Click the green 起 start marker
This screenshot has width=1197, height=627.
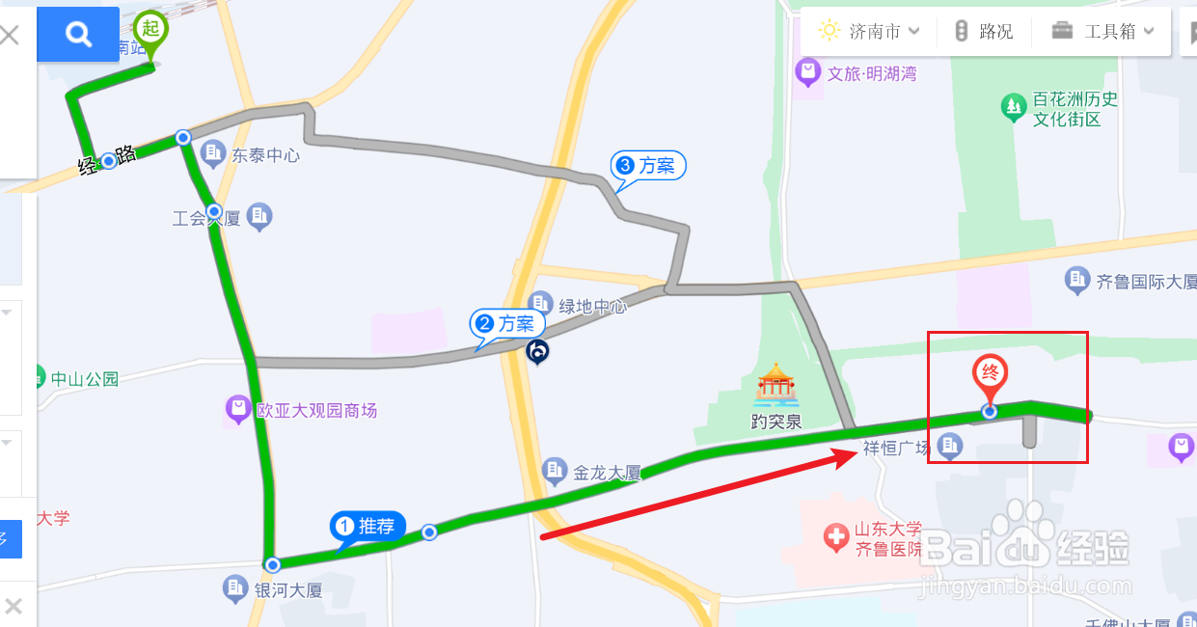click(x=150, y=29)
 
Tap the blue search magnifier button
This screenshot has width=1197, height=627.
click(x=78, y=35)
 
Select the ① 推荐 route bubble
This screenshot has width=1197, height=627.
click(x=367, y=527)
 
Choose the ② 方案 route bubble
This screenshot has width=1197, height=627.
click(x=505, y=324)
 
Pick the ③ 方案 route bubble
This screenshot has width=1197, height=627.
click(x=648, y=166)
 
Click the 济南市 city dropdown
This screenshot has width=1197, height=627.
click(x=868, y=31)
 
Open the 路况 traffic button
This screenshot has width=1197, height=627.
click(x=984, y=31)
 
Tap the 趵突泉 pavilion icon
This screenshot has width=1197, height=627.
click(x=776, y=386)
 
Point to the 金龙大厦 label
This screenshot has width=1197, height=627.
click(x=607, y=473)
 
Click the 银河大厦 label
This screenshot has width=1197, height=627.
click(x=287, y=589)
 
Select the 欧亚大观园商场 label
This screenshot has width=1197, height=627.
click(x=316, y=411)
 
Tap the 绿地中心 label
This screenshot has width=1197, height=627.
click(x=592, y=307)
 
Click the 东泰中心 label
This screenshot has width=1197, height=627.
click(x=265, y=154)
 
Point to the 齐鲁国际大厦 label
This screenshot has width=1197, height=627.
click(x=1146, y=282)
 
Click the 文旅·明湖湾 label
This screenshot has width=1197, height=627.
click(x=871, y=73)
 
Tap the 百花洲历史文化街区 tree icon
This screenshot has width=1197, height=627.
click(x=1013, y=107)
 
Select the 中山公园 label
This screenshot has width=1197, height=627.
click(x=85, y=379)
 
